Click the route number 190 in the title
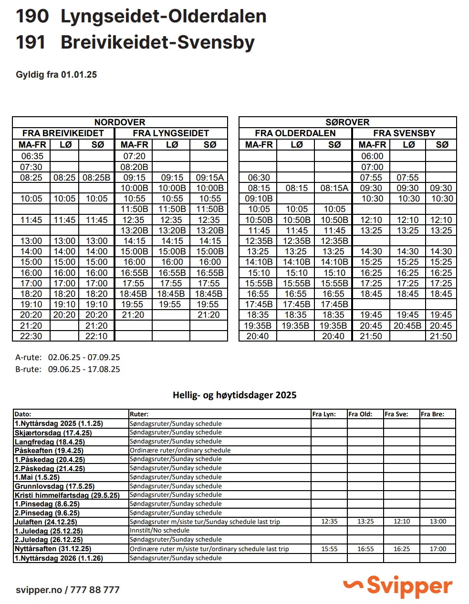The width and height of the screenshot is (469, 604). (x=32, y=16)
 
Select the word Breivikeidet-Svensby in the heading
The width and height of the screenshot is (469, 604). (x=157, y=42)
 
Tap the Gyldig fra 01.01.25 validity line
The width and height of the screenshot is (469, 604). (x=56, y=75)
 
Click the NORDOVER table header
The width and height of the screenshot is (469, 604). (x=120, y=122)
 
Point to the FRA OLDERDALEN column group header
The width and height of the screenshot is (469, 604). (x=295, y=133)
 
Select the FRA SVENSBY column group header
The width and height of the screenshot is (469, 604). (x=404, y=133)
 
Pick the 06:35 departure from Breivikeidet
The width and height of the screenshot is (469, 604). (x=31, y=156)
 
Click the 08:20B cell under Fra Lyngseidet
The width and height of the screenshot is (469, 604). (x=134, y=167)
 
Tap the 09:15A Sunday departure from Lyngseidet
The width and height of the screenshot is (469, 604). (x=209, y=178)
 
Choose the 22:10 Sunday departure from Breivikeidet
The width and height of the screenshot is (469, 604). (x=97, y=336)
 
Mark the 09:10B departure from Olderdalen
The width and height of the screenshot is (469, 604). (x=259, y=199)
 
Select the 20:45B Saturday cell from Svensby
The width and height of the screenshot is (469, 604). (x=407, y=326)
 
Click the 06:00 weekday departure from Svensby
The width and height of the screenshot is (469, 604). (x=372, y=156)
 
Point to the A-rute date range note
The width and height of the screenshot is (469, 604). (x=68, y=357)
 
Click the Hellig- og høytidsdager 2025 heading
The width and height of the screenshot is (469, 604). (x=234, y=395)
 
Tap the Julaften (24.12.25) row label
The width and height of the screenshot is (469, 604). (x=46, y=522)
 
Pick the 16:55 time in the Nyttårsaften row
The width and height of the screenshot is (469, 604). (x=365, y=549)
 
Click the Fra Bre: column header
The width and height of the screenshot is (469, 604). (x=432, y=414)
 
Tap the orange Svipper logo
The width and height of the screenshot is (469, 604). (x=398, y=586)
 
